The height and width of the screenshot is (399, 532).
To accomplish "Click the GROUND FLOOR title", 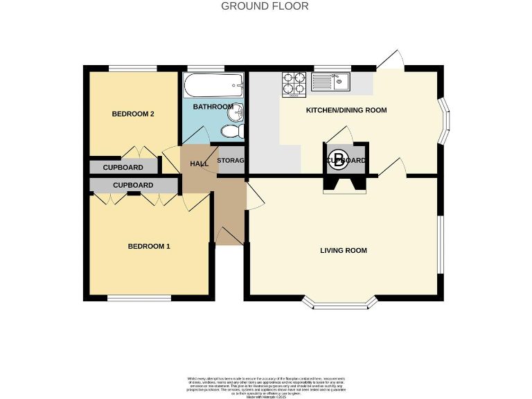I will (x=265, y=6).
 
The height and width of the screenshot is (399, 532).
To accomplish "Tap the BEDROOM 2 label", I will (x=133, y=114).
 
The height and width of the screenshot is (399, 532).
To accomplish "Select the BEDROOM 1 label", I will (x=148, y=246).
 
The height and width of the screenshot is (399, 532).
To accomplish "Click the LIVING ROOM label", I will (x=343, y=250).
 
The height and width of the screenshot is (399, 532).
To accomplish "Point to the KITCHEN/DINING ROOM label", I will (x=346, y=110).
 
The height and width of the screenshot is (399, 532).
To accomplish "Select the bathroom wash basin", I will (x=238, y=112).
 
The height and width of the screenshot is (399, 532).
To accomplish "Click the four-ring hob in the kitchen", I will (x=294, y=84).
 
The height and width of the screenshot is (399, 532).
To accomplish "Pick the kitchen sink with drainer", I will (x=332, y=83).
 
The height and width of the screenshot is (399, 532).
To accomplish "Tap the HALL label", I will (x=199, y=163).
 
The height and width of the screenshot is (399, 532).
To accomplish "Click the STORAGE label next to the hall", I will (x=231, y=161).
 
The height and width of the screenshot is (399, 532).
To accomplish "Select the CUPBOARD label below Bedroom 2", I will (x=123, y=168).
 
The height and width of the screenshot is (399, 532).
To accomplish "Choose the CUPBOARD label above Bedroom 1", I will (x=133, y=186).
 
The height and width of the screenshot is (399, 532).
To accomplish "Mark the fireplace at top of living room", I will (x=344, y=184).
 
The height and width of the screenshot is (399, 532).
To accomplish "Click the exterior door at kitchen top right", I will (x=389, y=61).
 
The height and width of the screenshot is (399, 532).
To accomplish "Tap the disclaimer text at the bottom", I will (x=266, y=385).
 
